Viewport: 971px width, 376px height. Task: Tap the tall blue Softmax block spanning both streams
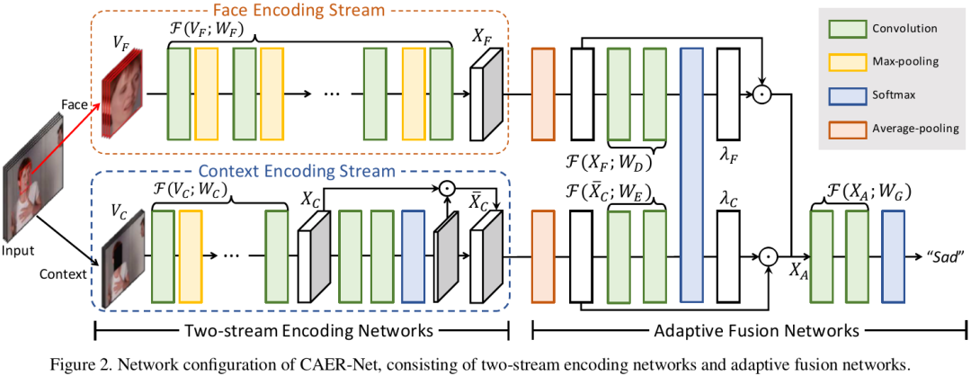tap(690, 175)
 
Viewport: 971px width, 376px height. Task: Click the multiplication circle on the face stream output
tap(762, 93)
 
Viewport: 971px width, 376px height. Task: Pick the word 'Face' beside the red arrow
tap(75, 104)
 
